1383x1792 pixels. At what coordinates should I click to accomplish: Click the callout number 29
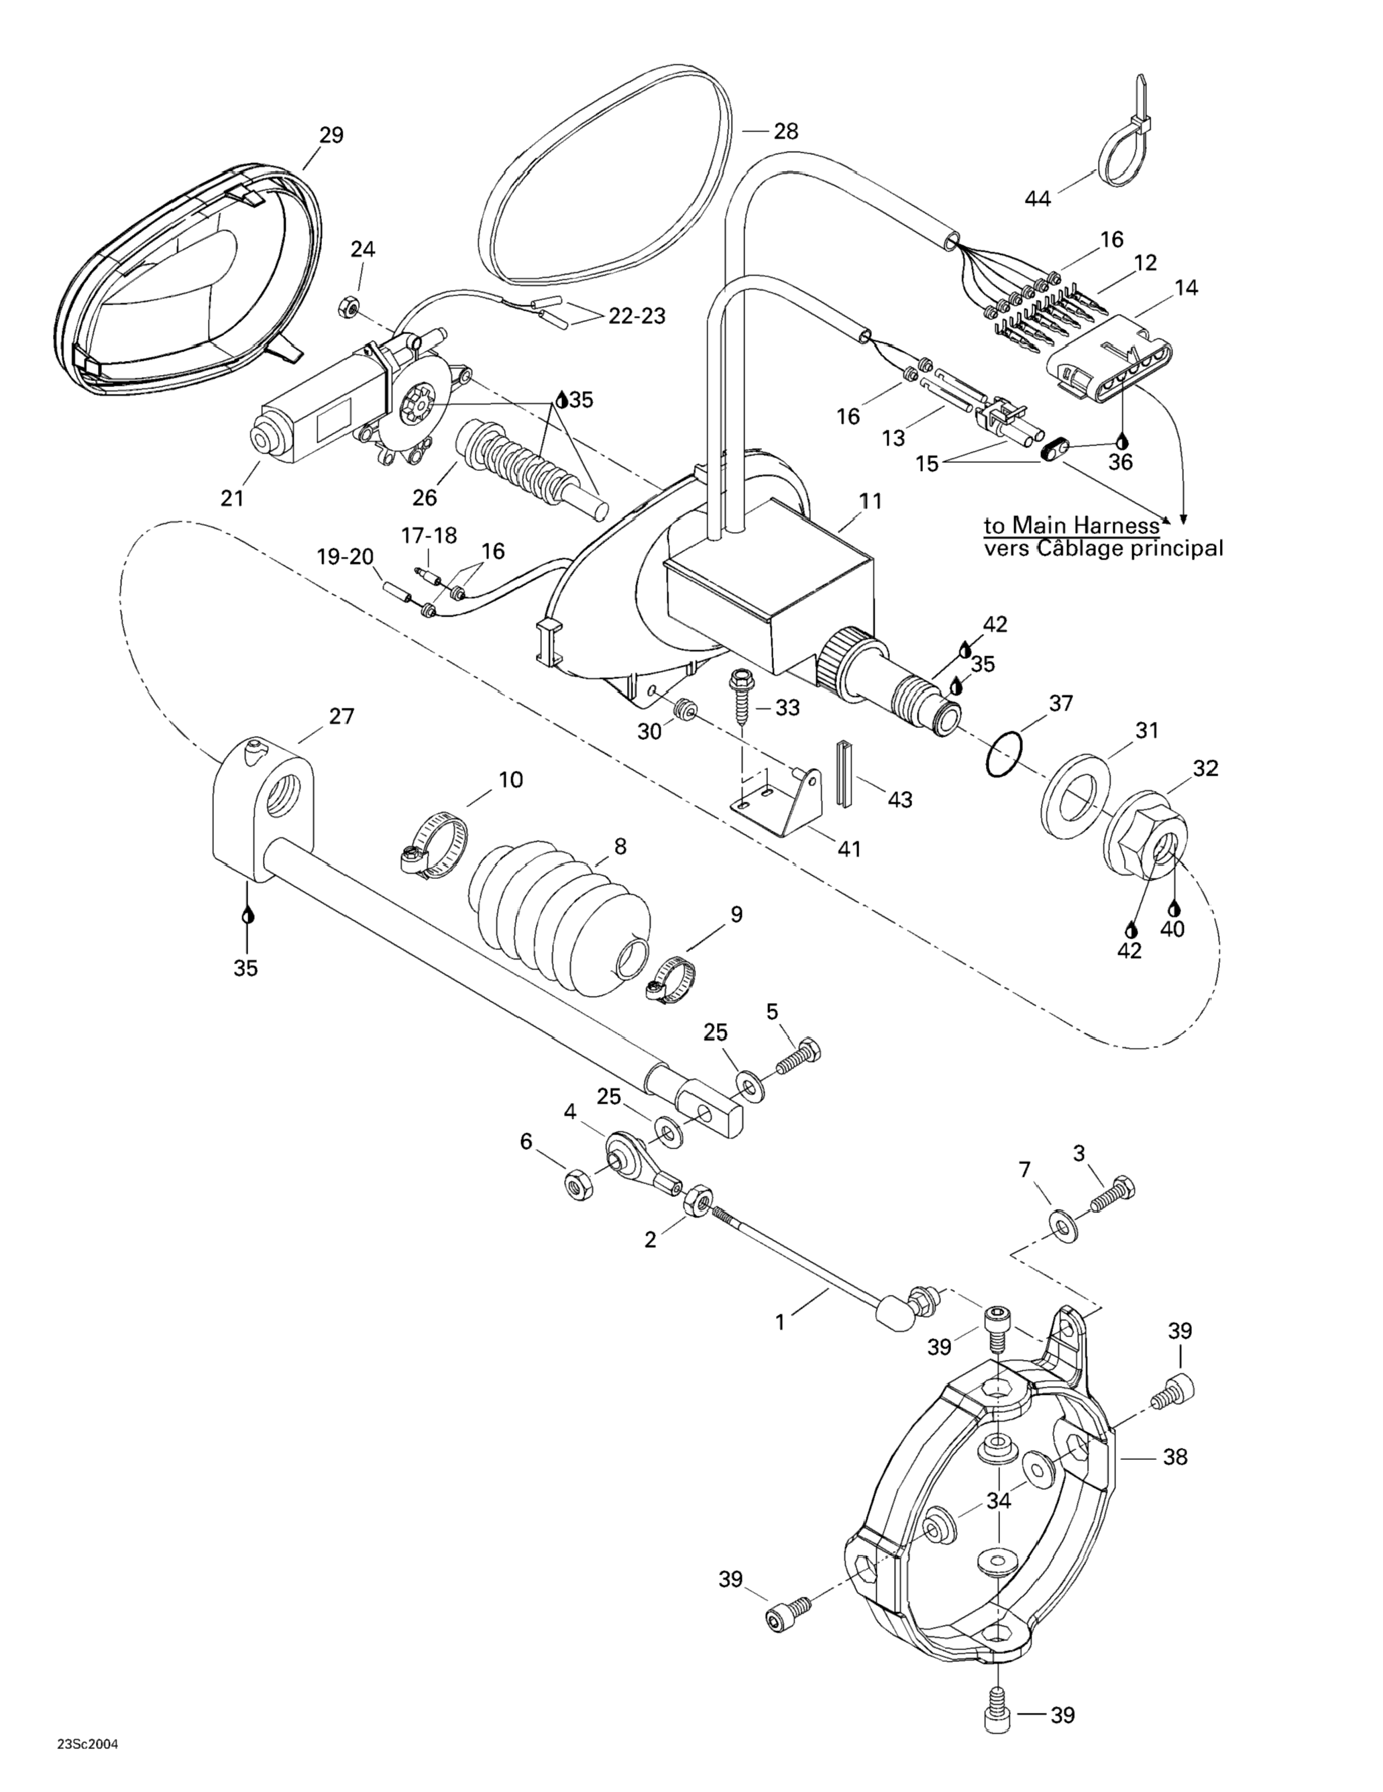331,136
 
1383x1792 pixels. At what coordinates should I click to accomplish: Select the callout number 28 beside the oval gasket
785,131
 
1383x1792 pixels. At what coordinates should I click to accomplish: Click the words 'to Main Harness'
1072,525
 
